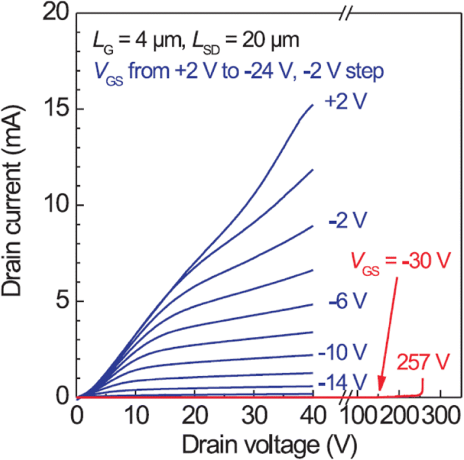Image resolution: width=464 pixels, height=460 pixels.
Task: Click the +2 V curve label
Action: click(345, 101)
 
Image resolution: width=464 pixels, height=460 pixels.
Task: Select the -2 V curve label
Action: click(347, 221)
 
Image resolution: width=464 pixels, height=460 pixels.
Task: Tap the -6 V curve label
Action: click(347, 302)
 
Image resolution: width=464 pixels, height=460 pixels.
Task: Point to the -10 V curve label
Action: click(342, 352)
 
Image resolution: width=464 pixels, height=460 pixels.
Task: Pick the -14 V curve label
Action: click(342, 382)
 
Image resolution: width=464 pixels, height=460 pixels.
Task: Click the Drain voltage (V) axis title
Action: click(268, 444)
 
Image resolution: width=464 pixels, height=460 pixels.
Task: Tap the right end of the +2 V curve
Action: click(312, 104)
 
